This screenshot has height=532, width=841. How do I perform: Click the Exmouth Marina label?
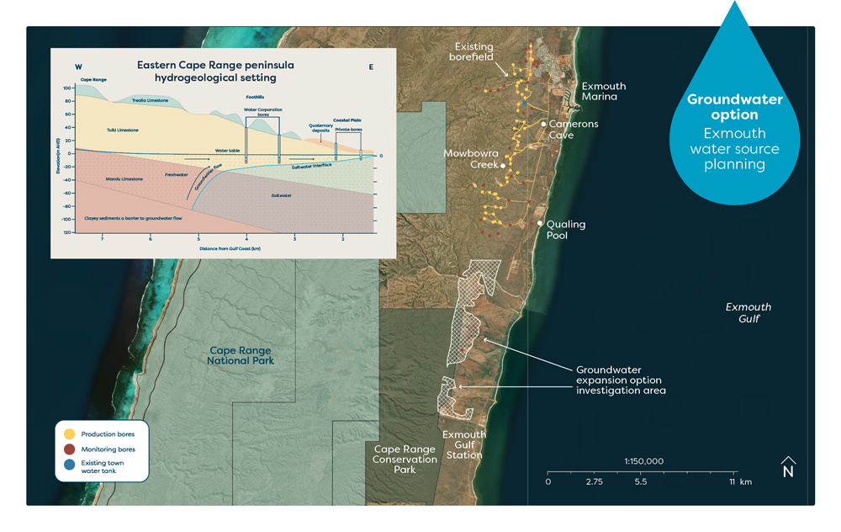(x=603, y=91)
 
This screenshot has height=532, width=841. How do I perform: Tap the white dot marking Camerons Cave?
(x=544, y=124)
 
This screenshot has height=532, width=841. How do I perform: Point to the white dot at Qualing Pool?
(x=540, y=224)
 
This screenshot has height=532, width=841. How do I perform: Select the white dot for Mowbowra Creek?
(x=503, y=166)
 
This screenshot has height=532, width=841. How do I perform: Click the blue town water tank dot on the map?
(x=525, y=103)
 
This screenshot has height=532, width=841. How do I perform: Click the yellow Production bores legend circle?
(x=70, y=434)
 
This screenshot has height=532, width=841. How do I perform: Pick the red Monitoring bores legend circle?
(x=70, y=450)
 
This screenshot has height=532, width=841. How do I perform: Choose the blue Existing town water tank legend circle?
(x=70, y=466)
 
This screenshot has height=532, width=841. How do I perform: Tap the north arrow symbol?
(x=788, y=467)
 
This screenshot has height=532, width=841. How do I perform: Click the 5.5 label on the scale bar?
(x=641, y=482)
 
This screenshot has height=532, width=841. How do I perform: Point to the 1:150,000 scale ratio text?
(x=643, y=461)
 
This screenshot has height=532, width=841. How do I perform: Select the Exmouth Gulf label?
(x=748, y=313)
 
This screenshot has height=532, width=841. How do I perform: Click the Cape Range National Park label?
(x=241, y=355)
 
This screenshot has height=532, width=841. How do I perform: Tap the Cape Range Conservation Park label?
(x=405, y=460)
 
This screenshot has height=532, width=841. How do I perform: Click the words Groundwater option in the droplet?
(x=734, y=107)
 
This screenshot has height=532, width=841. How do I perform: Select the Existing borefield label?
(x=473, y=53)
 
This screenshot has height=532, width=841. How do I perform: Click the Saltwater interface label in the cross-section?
(x=310, y=166)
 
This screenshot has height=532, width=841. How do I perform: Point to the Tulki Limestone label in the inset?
(x=123, y=130)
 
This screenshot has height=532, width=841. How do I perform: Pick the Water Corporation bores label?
(x=262, y=111)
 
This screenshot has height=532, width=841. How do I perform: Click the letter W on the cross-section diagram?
(x=78, y=67)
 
